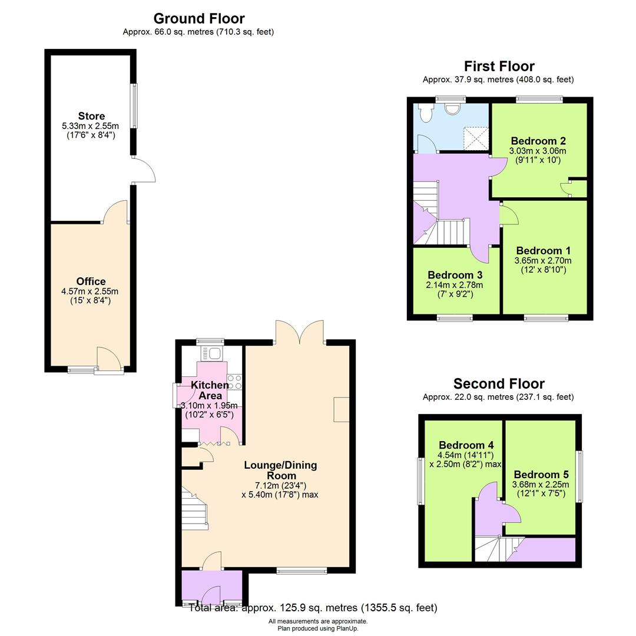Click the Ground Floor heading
click(198, 18)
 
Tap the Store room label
click(91, 116)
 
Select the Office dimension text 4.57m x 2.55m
click(90, 291)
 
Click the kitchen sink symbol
click(212, 353)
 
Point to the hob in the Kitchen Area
click(234, 382)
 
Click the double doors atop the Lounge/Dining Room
click(299, 333)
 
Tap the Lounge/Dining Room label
click(280, 470)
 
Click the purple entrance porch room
click(211, 587)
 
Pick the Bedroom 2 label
click(538, 141)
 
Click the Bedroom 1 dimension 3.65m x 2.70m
click(542, 260)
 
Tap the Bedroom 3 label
click(455, 275)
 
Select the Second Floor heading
click(499, 384)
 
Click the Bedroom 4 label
click(466, 445)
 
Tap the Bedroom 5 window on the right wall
click(579, 476)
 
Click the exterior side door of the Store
click(143, 171)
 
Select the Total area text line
click(313, 608)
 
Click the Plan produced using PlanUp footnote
click(318, 628)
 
